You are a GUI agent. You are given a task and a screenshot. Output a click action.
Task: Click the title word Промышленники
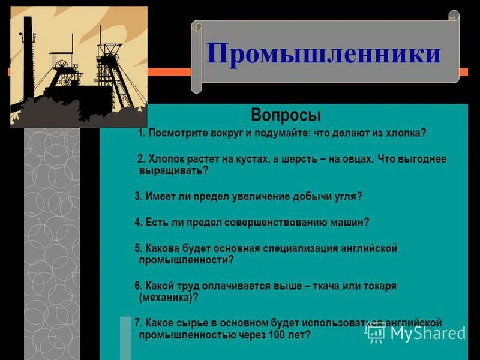tap(324, 53)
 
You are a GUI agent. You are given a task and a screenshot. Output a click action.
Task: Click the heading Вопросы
tap(286, 115)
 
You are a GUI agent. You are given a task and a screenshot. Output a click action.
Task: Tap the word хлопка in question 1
tap(405, 133)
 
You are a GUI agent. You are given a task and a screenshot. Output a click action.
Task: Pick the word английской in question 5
tap(367, 248)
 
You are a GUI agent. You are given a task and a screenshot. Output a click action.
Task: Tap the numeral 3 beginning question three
tap(137, 196)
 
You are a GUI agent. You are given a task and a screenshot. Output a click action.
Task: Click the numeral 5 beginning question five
tap(137, 248)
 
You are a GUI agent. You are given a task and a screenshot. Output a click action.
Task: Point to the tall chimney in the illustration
tap(28, 60)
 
